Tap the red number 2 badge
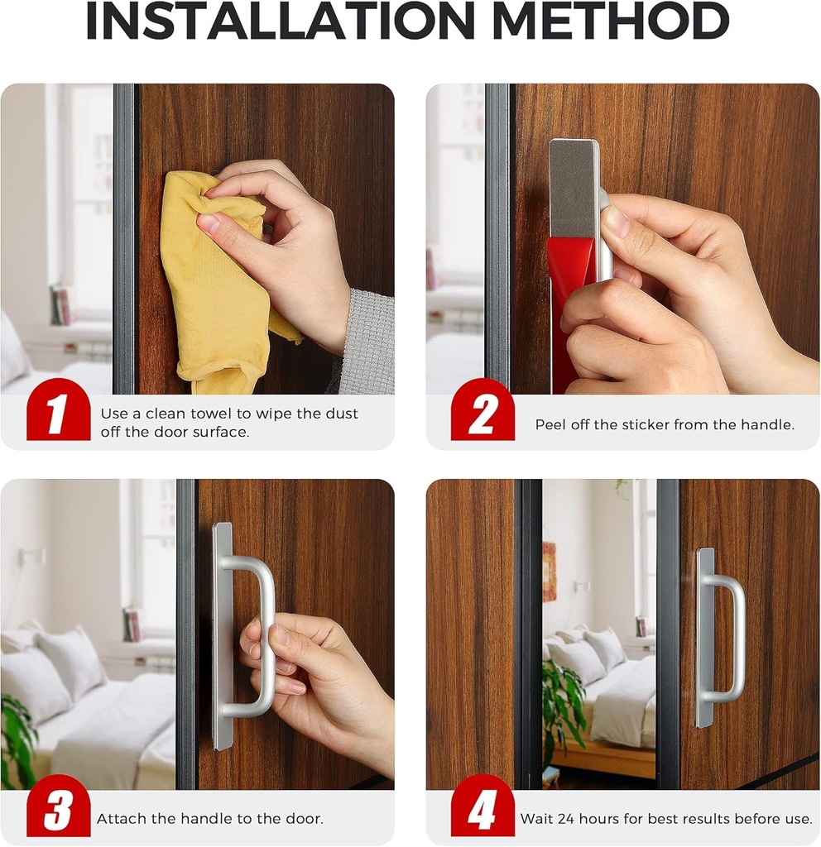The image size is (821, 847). coord(482,413)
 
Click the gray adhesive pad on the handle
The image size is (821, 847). coord(573,186)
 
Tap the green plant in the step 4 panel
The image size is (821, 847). coord(563,703)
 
